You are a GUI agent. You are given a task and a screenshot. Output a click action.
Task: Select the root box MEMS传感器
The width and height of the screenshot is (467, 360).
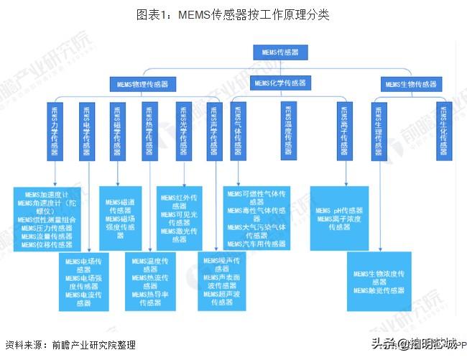279,52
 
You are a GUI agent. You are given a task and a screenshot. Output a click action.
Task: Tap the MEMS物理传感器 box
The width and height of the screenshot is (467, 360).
143,84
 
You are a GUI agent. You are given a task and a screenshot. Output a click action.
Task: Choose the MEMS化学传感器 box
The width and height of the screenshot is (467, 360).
279,84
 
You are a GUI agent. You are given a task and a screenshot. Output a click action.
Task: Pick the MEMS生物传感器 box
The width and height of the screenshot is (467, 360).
410,84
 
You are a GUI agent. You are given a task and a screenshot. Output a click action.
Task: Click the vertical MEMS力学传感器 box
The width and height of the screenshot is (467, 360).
55,131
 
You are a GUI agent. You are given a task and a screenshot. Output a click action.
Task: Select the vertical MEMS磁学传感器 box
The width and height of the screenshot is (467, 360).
116,131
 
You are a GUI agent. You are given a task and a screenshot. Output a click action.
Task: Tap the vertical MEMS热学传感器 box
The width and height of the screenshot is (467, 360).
149,131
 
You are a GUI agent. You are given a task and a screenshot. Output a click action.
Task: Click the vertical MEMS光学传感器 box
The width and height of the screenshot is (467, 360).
181,131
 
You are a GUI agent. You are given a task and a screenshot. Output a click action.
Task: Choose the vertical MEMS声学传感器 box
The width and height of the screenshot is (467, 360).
213,131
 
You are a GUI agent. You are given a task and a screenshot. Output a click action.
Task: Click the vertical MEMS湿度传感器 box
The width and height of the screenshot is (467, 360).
287,131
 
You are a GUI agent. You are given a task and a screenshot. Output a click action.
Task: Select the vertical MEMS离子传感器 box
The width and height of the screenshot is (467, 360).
343,131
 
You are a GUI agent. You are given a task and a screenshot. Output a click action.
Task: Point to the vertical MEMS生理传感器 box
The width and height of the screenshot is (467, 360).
379,131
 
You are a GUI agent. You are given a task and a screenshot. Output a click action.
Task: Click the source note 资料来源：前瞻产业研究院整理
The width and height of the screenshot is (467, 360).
70,344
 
